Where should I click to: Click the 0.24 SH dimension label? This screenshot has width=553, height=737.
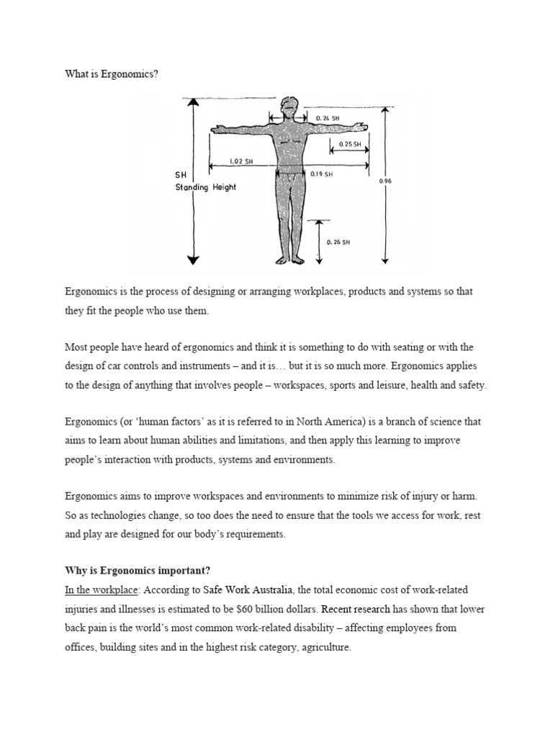(x=328, y=118)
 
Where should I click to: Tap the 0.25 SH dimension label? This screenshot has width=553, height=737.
(x=350, y=144)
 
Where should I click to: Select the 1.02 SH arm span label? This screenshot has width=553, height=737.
(x=242, y=161)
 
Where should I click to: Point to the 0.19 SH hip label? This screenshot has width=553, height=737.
(x=321, y=173)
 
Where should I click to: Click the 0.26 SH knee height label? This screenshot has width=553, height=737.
(x=338, y=243)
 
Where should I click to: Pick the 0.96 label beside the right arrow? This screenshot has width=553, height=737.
(x=385, y=181)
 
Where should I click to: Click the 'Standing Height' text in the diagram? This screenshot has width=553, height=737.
(x=206, y=187)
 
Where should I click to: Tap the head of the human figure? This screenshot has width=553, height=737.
(x=288, y=107)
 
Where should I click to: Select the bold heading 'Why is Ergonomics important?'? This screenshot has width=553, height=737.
(x=138, y=571)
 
